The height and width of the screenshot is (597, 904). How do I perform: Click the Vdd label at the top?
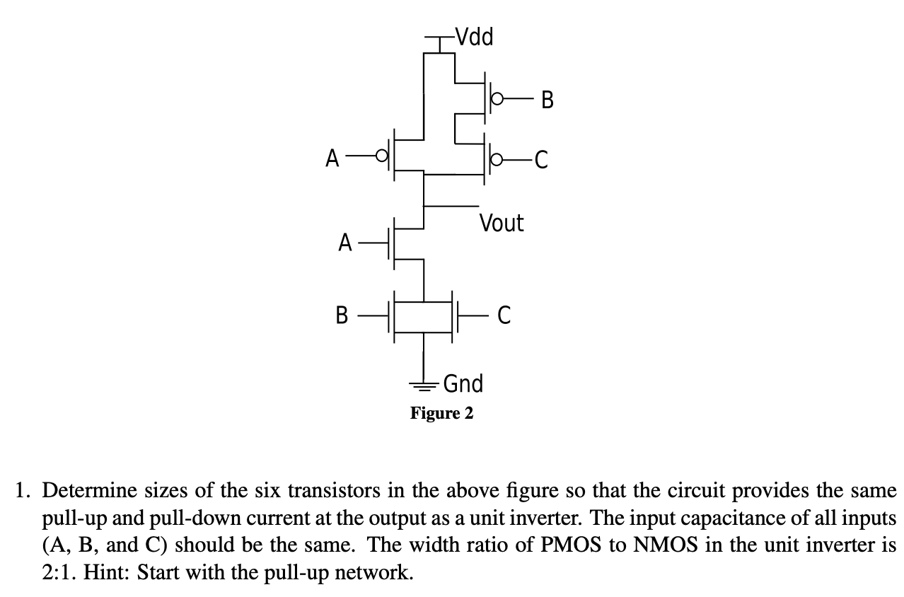pyautogui.click(x=474, y=36)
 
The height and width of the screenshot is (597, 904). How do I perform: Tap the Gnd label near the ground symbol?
pyautogui.click(x=463, y=383)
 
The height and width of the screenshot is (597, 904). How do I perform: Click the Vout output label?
pyautogui.click(x=502, y=224)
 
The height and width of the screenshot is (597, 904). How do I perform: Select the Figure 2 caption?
pyautogui.click(x=442, y=413)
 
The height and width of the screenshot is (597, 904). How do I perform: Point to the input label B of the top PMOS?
pyautogui.click(x=547, y=101)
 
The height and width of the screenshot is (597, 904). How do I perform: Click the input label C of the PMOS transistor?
pyautogui.click(x=541, y=162)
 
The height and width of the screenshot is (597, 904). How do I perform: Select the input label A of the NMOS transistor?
pyautogui.click(x=344, y=243)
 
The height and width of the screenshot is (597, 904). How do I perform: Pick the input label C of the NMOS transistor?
pyautogui.click(x=504, y=314)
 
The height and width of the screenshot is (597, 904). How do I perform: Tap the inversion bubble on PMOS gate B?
pyautogui.click(x=497, y=100)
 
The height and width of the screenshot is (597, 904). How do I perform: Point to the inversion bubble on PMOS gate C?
pyautogui.click(x=497, y=161)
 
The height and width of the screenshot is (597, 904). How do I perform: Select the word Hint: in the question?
pyautogui.click(x=107, y=572)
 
